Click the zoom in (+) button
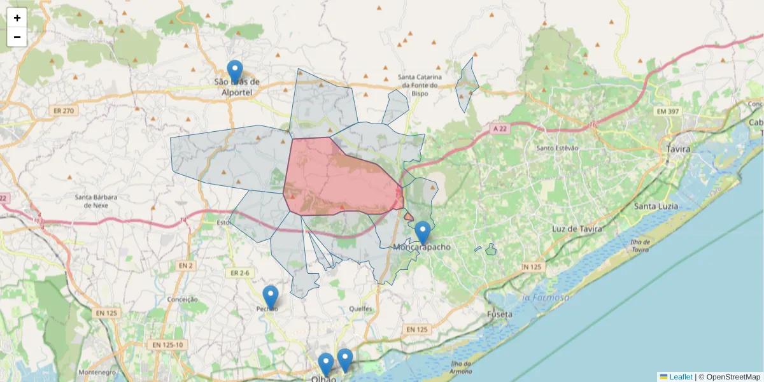coord(17,18)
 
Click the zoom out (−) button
coord(17,37)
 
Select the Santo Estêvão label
coord(558,148)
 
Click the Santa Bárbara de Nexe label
coord(96,201)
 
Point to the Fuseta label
coord(500,314)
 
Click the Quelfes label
coord(360,309)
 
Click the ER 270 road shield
coord(61,111)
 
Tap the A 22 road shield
coord(500,129)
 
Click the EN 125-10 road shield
coord(167,344)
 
